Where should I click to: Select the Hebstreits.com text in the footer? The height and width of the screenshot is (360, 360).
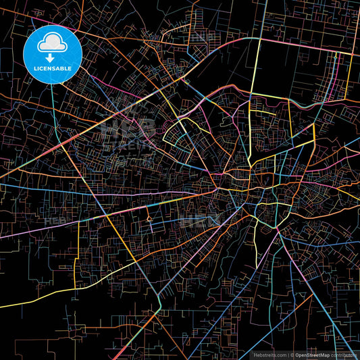tap(269, 354)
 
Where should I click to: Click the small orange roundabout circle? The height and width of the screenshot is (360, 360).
tap(149, 219)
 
